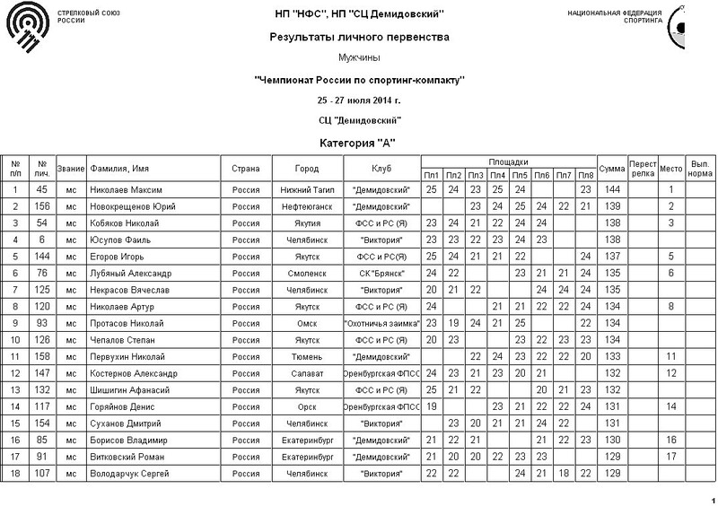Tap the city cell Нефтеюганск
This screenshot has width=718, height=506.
click(x=306, y=206)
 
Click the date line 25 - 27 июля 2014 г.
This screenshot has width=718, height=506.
click(x=358, y=100)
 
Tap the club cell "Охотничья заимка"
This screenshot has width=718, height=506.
click(x=381, y=322)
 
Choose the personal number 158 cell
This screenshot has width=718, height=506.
click(x=41, y=356)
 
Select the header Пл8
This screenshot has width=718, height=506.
click(x=585, y=174)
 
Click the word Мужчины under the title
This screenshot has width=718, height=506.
click(x=358, y=57)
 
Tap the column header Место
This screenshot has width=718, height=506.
click(x=670, y=168)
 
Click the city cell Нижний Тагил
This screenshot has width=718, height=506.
click(x=306, y=189)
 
